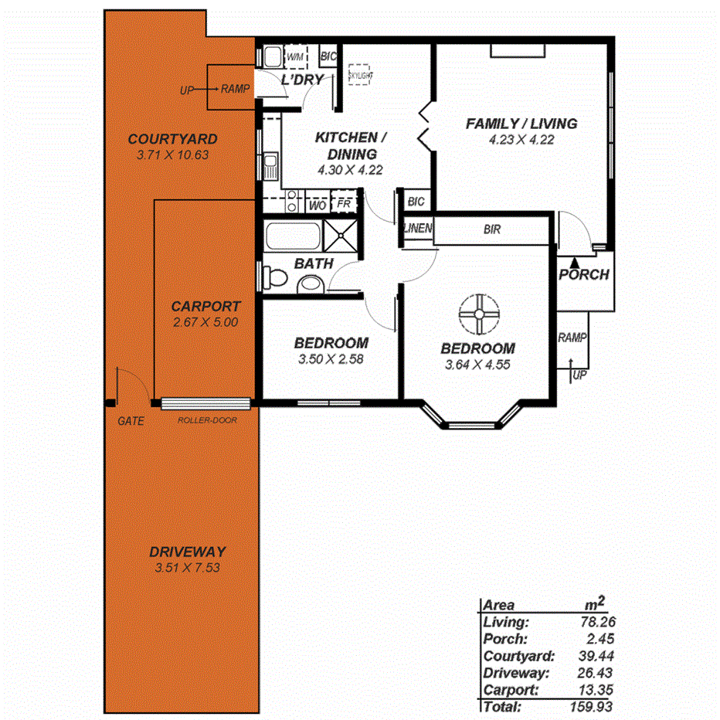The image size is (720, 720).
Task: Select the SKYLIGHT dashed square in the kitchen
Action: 360,75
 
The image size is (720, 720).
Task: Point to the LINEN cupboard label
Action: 418,229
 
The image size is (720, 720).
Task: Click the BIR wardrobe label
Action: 493,229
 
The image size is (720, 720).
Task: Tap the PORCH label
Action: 584,274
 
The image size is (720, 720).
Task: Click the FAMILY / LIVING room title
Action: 521,124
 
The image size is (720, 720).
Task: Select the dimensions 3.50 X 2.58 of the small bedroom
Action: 331,358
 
